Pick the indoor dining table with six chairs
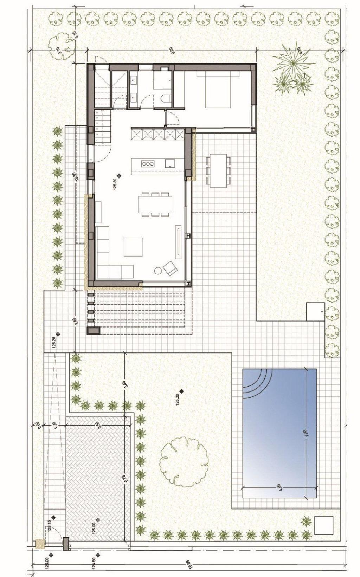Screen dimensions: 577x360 pos(155,204)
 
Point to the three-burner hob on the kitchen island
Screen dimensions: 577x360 pos(147,163)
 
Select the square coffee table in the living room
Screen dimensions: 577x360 pos(133,247)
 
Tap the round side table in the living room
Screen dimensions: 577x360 pos(158,271)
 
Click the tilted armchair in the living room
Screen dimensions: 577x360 pos(171,268)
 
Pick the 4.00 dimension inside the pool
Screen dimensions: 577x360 pos(278,487)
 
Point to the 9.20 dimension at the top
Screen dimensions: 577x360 pos(172,51)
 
